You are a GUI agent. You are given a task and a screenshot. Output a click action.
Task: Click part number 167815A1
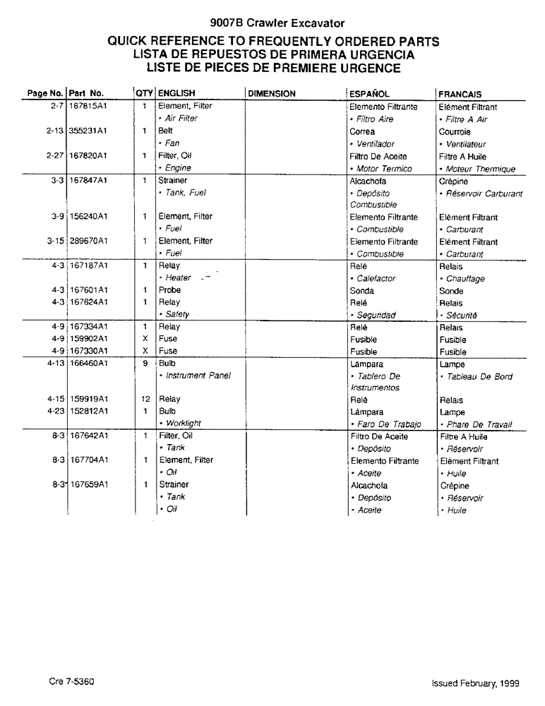tap(88, 107)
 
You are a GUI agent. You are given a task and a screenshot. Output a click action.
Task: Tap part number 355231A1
tap(88, 131)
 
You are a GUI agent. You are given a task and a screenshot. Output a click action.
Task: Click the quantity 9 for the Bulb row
tap(145, 364)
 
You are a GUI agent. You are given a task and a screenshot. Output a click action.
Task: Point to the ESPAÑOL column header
tap(370, 93)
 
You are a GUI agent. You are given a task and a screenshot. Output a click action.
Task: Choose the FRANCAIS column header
tap(460, 94)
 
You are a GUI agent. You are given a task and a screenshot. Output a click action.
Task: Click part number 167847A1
tap(88, 181)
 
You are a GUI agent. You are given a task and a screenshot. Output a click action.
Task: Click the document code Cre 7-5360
tap(72, 683)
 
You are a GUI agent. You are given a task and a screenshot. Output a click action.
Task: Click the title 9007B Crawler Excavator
tap(272, 23)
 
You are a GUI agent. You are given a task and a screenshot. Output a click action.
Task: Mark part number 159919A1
tap(88, 399)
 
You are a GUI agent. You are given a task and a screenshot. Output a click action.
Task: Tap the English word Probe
tap(169, 290)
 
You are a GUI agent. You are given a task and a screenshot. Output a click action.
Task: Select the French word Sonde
tap(451, 291)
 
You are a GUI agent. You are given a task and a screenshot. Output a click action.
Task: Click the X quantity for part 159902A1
tap(145, 339)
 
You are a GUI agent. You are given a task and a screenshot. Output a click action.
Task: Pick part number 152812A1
tap(88, 411)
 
